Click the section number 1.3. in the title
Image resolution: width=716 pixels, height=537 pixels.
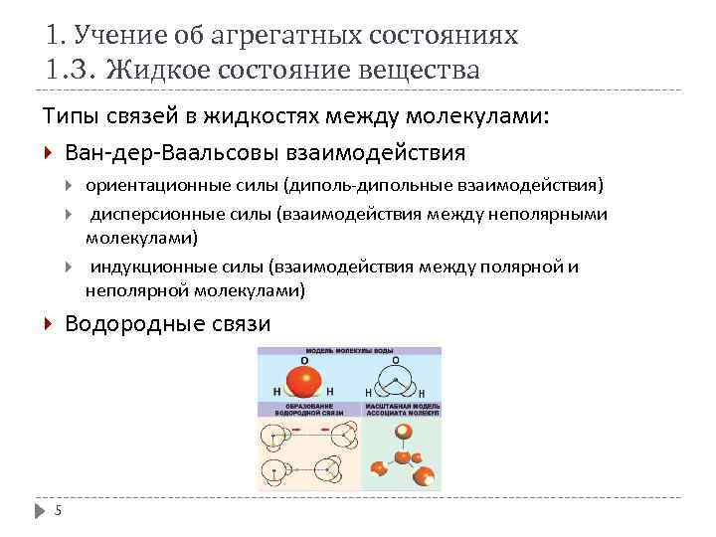pyautogui.click(x=72, y=72)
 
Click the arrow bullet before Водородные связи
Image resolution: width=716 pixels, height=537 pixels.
pyautogui.click(x=50, y=324)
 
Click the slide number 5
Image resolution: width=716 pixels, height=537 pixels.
pyautogui.click(x=58, y=511)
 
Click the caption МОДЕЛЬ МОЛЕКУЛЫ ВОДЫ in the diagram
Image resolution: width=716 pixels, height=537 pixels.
pyautogui.click(x=349, y=352)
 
